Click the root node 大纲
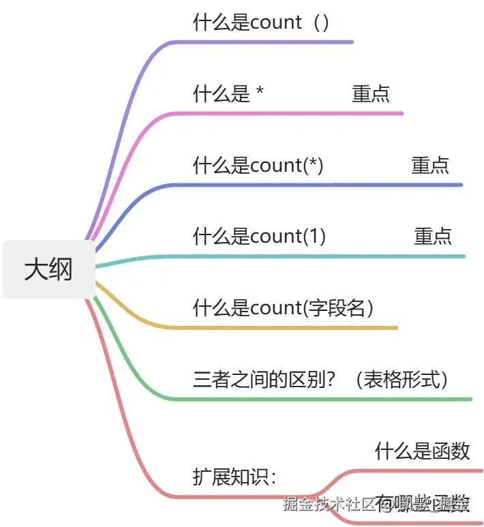click(48, 269)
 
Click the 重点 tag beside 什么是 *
click(371, 94)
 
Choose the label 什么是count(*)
click(258, 165)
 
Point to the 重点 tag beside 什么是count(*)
click(430, 165)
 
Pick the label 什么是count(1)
click(260, 237)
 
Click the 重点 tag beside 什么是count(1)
click(433, 237)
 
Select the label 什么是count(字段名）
click(284, 308)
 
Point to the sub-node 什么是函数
click(423, 451)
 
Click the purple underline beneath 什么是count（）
click(273, 42)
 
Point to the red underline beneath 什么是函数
click(423, 470)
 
